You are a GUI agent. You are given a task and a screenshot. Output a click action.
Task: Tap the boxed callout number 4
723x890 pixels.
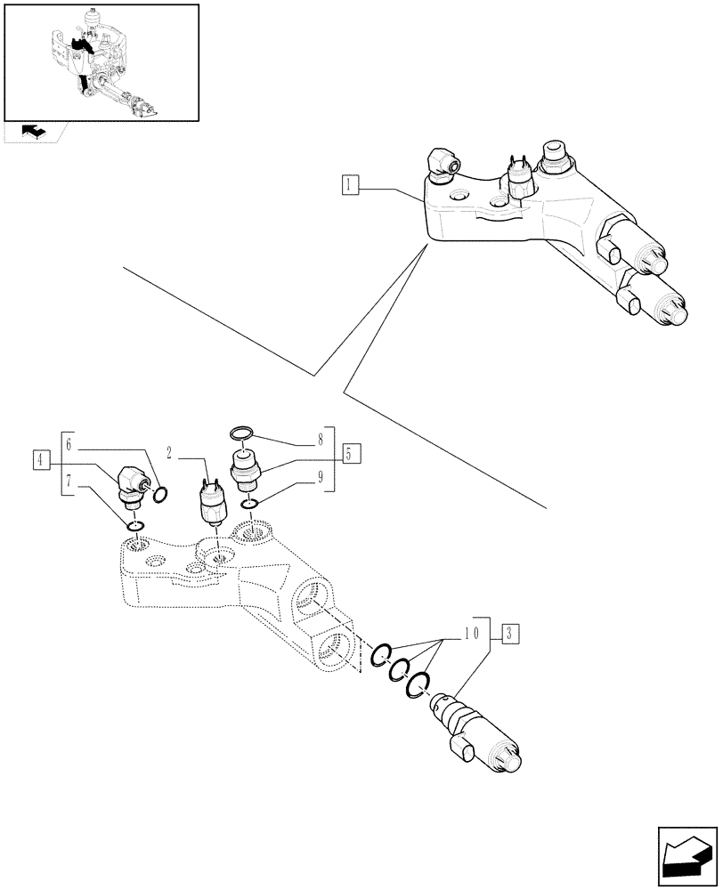coord(40,459)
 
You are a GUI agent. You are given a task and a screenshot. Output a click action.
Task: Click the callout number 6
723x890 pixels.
coord(69,445)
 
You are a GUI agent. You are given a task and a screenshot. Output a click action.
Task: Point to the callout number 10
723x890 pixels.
coord(472,634)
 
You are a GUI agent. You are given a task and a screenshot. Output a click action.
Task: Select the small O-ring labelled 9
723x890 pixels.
coord(249,506)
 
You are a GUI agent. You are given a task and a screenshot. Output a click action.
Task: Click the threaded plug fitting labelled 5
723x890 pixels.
coord(246,470)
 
